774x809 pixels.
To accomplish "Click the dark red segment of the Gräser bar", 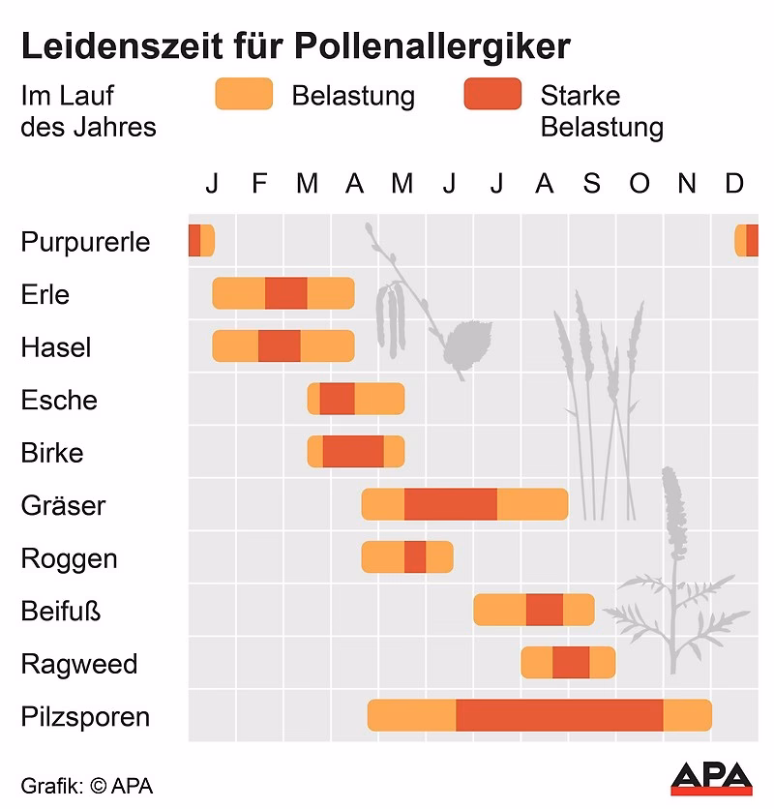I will [x=451, y=504].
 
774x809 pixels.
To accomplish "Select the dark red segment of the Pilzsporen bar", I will [x=559, y=715].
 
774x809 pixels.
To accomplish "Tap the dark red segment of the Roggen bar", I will [x=415, y=557].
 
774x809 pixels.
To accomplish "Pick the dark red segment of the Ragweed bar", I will [x=571, y=663].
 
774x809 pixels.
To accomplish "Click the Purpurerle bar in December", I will [x=746, y=240].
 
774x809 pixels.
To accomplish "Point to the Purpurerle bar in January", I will [x=200, y=240].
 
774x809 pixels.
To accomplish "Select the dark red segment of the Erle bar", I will [x=285, y=293].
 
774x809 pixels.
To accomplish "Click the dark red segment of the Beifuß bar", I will [x=545, y=610].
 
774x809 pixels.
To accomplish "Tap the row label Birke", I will [x=52, y=453].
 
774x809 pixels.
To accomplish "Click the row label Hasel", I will [x=55, y=347].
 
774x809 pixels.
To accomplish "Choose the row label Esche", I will [x=59, y=400].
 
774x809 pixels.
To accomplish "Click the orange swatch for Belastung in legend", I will [x=244, y=94].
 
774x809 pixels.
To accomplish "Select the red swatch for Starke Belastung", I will [x=492, y=94].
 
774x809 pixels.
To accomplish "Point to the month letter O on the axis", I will [x=640, y=183].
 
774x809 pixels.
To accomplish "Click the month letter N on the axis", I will [x=687, y=183].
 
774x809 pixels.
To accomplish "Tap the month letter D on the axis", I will [x=734, y=183].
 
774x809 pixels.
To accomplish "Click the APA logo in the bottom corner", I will [x=711, y=778].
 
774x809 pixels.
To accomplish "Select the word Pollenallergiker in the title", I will [x=432, y=46].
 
